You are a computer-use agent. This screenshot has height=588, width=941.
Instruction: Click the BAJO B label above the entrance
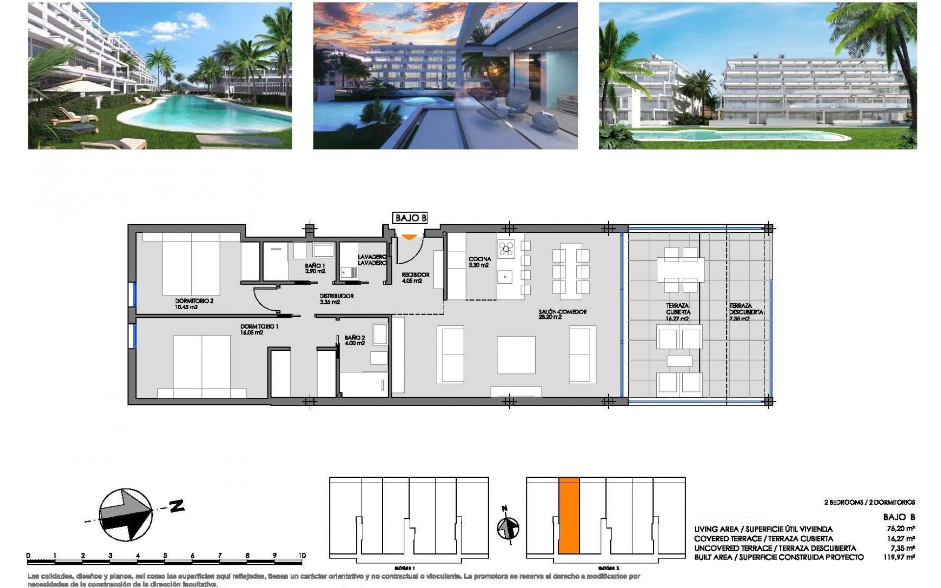point(410,218)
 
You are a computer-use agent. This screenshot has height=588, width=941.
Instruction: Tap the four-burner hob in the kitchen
point(506,248)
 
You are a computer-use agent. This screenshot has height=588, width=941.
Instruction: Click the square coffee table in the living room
point(516,355)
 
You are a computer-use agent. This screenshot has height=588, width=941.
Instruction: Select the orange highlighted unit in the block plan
point(569,516)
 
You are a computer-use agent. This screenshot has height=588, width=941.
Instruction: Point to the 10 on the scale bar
point(302,555)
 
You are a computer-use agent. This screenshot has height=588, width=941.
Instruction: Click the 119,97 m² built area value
point(902,557)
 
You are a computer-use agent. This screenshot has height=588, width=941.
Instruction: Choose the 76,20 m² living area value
point(903,529)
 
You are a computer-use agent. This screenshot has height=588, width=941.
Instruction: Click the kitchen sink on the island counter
point(504,277)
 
